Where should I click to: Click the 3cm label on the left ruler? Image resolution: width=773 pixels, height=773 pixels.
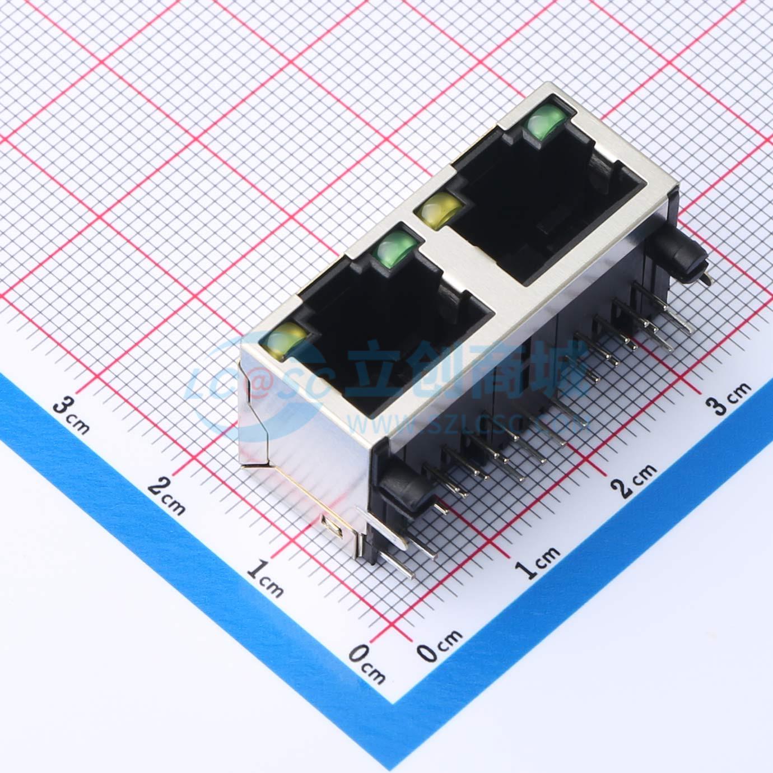pyautogui.click(x=71, y=416)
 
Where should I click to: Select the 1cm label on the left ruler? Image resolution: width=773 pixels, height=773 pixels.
pyautogui.click(x=264, y=579)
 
